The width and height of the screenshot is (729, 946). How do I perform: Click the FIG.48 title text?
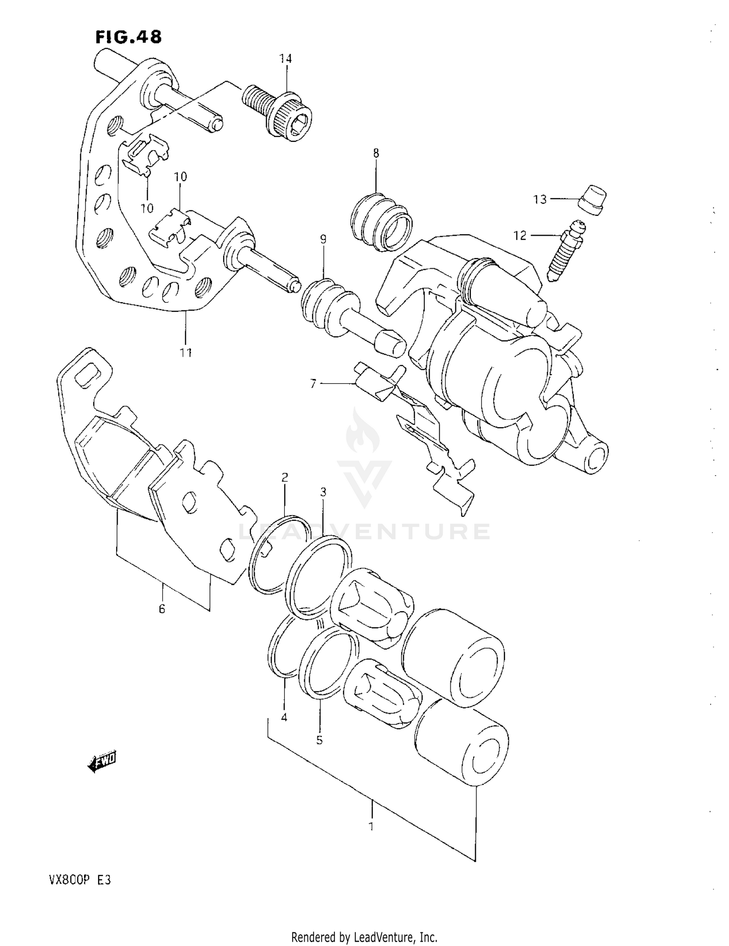click(128, 37)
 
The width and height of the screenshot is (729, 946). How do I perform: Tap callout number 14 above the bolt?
click(285, 59)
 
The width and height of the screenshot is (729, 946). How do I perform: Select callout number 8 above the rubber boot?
click(376, 154)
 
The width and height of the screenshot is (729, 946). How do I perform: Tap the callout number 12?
click(520, 236)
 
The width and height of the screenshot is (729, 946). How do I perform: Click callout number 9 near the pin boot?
click(323, 239)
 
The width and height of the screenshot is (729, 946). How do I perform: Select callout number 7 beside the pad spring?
click(313, 384)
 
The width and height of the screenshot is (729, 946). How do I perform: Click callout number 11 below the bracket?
click(186, 353)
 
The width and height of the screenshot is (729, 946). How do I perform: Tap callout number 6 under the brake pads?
click(162, 608)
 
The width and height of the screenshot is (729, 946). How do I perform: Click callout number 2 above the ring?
click(285, 477)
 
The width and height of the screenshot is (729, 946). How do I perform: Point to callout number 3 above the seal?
click(323, 492)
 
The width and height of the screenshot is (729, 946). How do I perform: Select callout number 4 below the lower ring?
click(284, 717)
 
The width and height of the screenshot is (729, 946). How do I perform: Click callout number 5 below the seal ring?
click(319, 740)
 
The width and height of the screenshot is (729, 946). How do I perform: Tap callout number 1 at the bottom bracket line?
click(371, 826)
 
